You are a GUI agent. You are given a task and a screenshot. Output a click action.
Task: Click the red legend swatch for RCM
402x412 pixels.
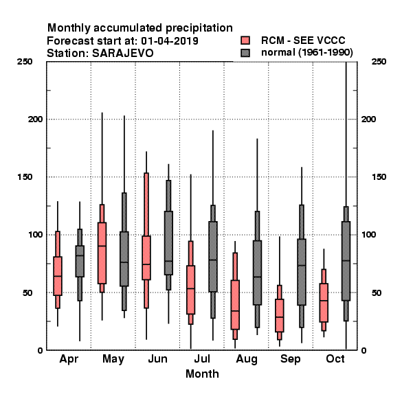pyautogui.click(x=245, y=41)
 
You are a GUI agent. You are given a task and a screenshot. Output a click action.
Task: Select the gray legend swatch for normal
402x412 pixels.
pyautogui.click(x=245, y=53)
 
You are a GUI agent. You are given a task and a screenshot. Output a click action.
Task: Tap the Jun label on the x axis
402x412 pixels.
pyautogui.click(x=157, y=359)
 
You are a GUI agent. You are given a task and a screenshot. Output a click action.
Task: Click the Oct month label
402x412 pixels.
pyautogui.click(x=335, y=359)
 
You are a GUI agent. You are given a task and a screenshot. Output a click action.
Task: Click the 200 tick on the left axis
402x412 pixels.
pyautogui.click(x=35, y=119)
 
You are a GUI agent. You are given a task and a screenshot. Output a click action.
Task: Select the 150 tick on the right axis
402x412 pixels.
pyautogui.click(x=379, y=177)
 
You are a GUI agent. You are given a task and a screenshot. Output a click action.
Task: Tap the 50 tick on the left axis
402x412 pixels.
pyautogui.click(x=27, y=293)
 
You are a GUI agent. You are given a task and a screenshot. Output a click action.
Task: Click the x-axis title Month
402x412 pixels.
pyautogui.click(x=202, y=374)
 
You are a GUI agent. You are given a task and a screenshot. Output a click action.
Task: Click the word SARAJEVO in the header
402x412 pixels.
pyautogui.click(x=122, y=53)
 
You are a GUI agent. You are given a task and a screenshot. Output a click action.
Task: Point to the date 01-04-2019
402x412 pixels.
pyautogui.click(x=170, y=41)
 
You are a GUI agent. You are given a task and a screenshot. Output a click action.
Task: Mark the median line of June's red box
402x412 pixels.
pyautogui.click(x=146, y=264)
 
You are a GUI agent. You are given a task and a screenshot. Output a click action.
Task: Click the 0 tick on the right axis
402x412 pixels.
pyautogui.click(x=364, y=350)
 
